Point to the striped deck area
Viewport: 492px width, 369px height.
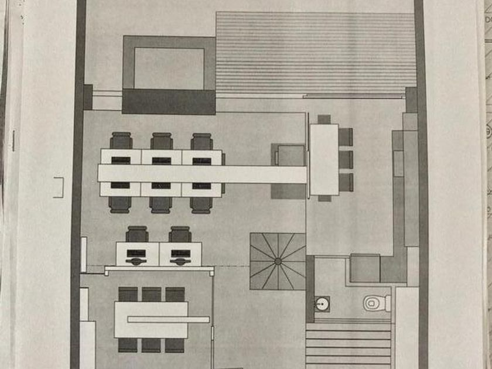click(316, 54)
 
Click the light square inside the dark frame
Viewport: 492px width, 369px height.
click(169, 67)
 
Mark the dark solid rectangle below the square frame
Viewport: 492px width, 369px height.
click(169, 101)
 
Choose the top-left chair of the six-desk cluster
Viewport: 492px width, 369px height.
click(121, 141)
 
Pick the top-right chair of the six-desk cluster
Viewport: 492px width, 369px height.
click(201, 141)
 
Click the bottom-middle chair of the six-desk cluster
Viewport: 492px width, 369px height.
click(161, 204)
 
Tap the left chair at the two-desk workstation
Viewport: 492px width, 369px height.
click(137, 234)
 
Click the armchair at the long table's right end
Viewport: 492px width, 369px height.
click(289, 156)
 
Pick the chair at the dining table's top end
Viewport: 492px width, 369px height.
click(324, 119)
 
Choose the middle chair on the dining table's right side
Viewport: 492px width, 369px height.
click(346, 159)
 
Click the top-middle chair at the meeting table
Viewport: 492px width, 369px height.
click(151, 294)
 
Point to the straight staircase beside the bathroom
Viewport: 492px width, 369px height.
click(348, 346)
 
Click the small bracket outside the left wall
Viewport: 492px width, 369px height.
click(57, 187)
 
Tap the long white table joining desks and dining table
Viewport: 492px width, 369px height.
click(202, 174)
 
